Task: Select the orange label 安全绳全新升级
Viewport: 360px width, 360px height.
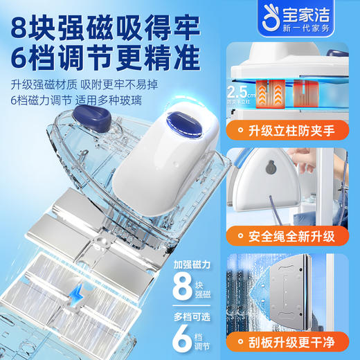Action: (300, 236)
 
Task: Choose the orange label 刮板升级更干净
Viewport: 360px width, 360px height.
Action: (300, 341)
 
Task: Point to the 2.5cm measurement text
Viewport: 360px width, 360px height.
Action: (240, 92)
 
